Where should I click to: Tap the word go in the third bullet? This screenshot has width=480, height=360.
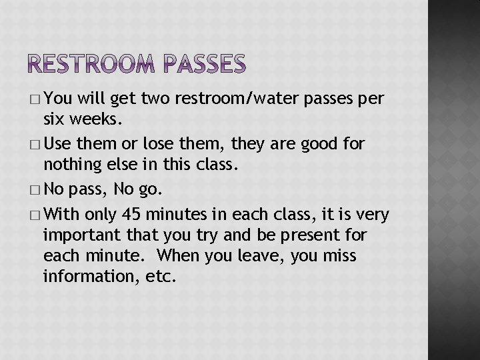(150, 189)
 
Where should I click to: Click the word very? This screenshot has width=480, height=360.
(373, 215)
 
